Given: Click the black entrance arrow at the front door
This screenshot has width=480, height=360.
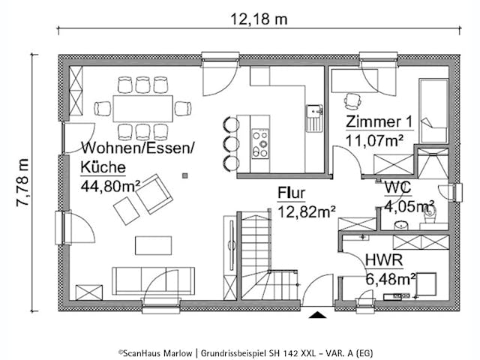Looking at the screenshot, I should point(318,315).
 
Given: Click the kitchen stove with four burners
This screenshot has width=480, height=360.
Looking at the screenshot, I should point(260,143).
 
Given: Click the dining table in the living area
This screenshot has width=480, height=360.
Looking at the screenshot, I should point(142,109).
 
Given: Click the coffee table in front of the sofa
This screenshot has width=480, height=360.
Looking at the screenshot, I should point(152,246).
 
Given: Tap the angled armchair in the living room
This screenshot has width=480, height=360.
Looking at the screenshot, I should point(154,193).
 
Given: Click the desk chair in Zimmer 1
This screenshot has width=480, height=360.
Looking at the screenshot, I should point(351,100).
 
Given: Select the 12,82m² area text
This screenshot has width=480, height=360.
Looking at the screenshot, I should point(306,212).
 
